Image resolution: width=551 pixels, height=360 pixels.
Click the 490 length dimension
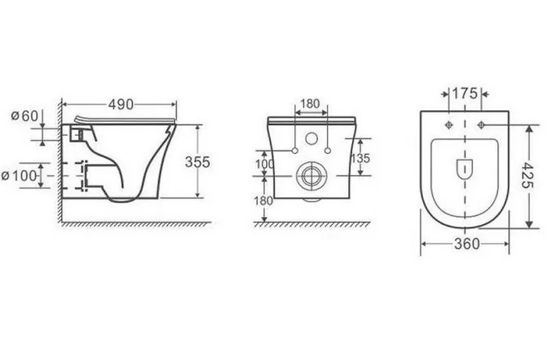[121, 105]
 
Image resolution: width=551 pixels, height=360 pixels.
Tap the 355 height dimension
[198, 162]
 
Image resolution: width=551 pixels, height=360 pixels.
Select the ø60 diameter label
[24, 116]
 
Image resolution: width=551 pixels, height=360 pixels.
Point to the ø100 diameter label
[19, 175]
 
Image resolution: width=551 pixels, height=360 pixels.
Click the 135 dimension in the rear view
[361, 158]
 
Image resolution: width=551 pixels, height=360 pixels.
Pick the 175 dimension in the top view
[465, 94]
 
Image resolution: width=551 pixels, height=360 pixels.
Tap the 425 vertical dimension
[528, 175]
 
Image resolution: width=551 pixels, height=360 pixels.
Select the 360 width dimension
[467, 244]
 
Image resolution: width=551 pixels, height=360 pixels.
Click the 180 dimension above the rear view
[310, 103]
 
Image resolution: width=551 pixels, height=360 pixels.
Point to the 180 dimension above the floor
[263, 201]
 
